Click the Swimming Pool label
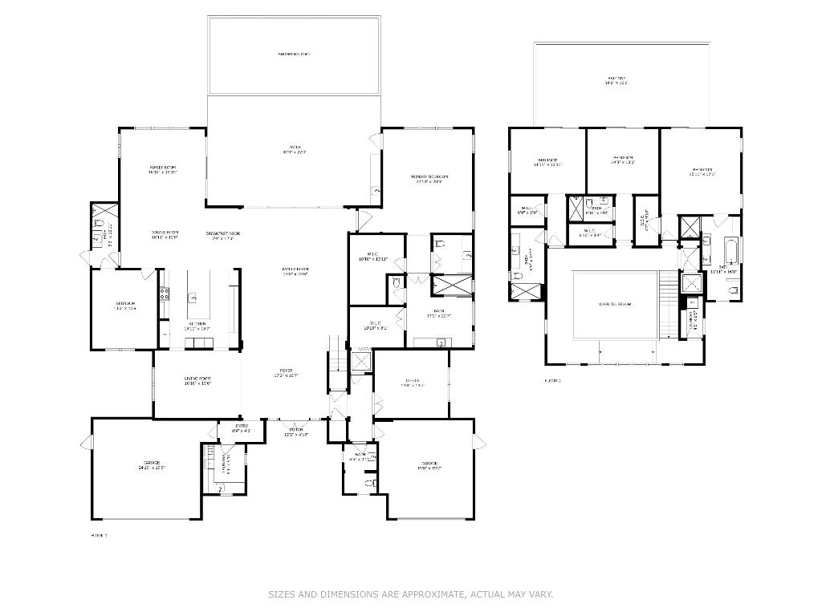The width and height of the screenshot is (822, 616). [x=294, y=55]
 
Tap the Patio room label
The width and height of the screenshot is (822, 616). [x=295, y=150]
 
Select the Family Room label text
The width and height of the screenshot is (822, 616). [x=163, y=169]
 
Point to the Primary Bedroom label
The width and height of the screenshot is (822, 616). [x=429, y=178]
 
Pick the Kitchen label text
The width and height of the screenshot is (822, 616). [x=197, y=325]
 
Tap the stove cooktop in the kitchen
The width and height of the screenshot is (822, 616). [x=163, y=294]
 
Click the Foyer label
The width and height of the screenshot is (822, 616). [x=287, y=373]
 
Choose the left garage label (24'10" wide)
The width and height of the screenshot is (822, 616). [x=151, y=465]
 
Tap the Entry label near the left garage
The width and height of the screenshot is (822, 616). [x=242, y=428]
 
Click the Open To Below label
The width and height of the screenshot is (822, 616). [x=616, y=304]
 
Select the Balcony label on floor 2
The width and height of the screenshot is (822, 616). [x=616, y=81]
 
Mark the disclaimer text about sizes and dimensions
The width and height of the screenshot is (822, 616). [x=410, y=594]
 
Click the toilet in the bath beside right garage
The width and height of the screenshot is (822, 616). [x=370, y=484]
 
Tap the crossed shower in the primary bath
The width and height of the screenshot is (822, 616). [x=450, y=285]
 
